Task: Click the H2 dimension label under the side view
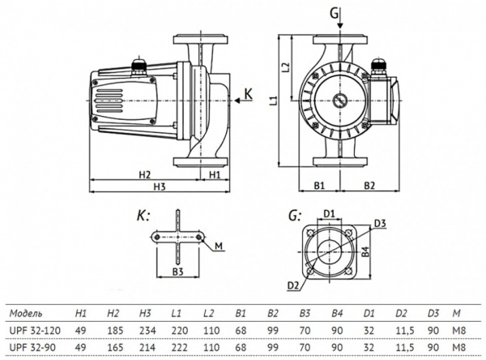coord(144,174)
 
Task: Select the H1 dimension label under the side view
coord(215,174)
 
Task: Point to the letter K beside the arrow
coord(259,96)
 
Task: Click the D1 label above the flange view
coord(330,214)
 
